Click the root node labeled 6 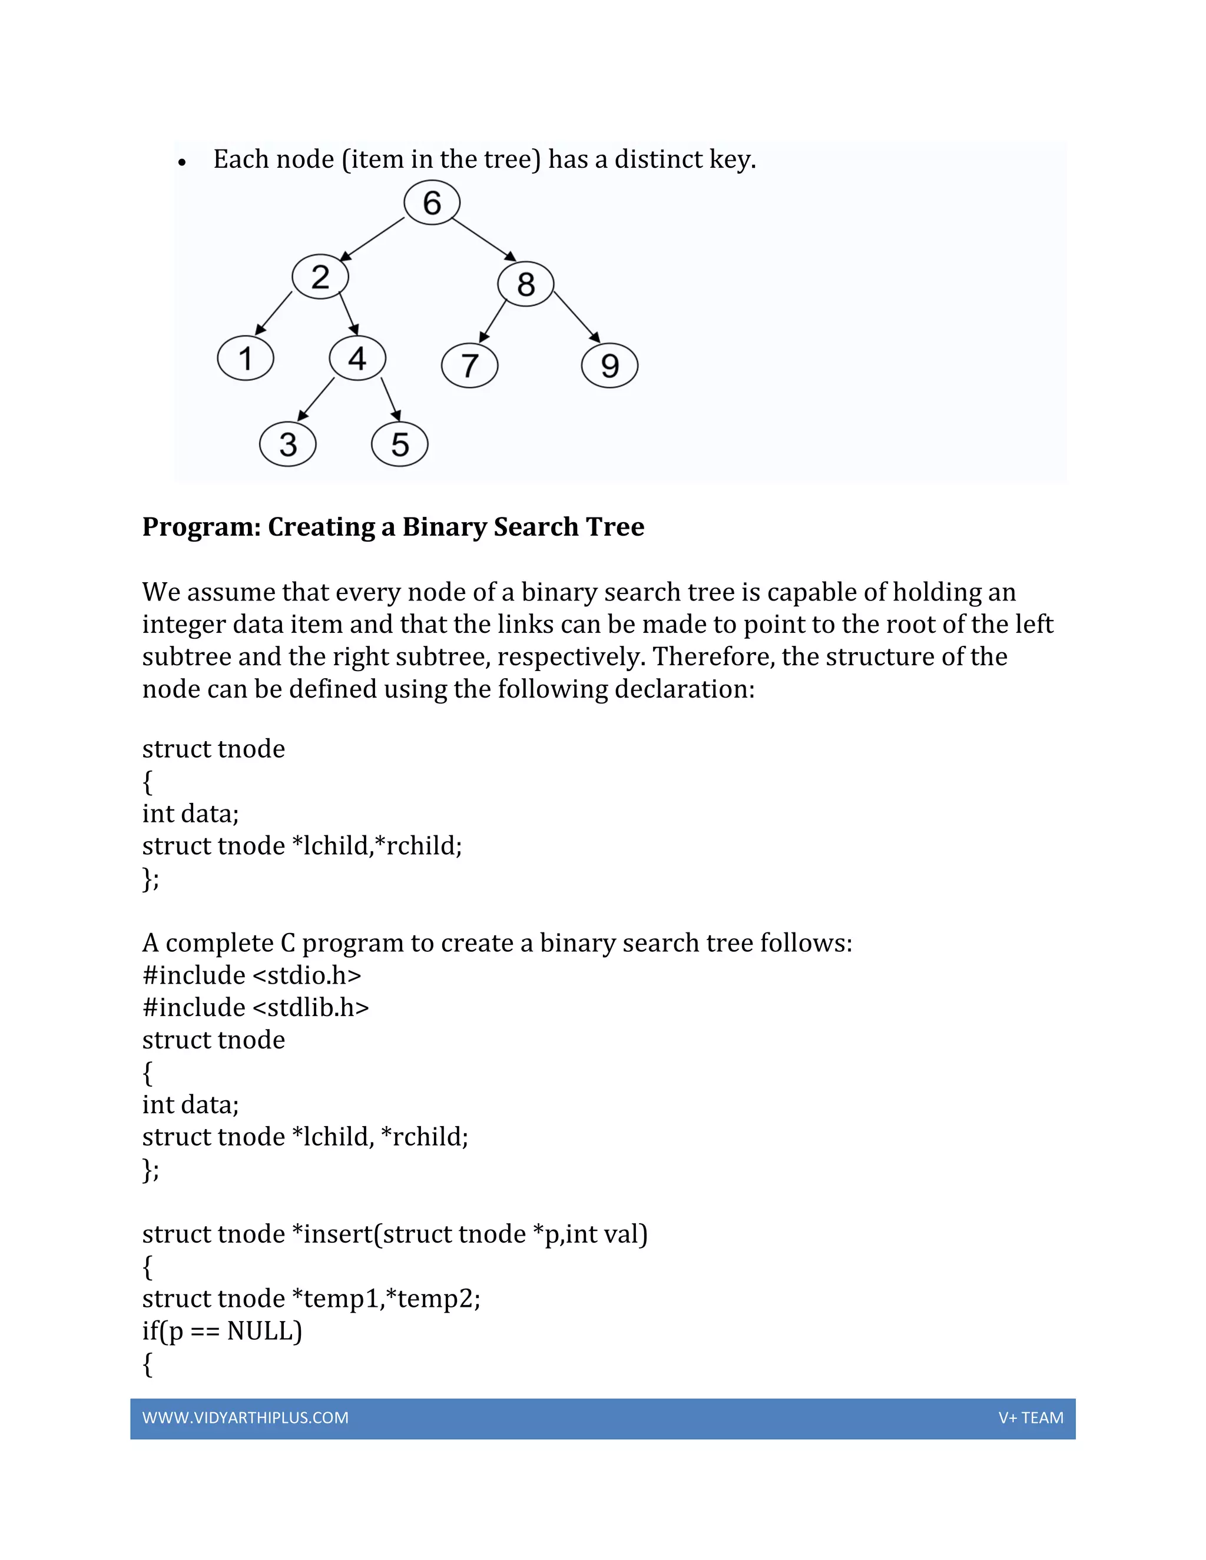(x=432, y=203)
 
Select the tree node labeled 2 (x=320, y=277)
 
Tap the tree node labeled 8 (x=526, y=284)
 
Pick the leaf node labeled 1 (x=245, y=358)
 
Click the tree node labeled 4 (x=357, y=358)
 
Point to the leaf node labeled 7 (x=469, y=366)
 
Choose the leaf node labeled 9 (x=609, y=366)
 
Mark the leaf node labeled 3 (x=287, y=444)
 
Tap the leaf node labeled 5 (x=399, y=444)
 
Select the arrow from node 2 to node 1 (x=274, y=313)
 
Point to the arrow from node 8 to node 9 (x=577, y=317)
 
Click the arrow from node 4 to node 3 (x=316, y=399)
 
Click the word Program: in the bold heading (x=201, y=527)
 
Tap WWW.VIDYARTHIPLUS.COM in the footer (x=245, y=1418)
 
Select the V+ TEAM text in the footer (x=1031, y=1418)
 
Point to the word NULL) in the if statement (x=264, y=1331)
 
